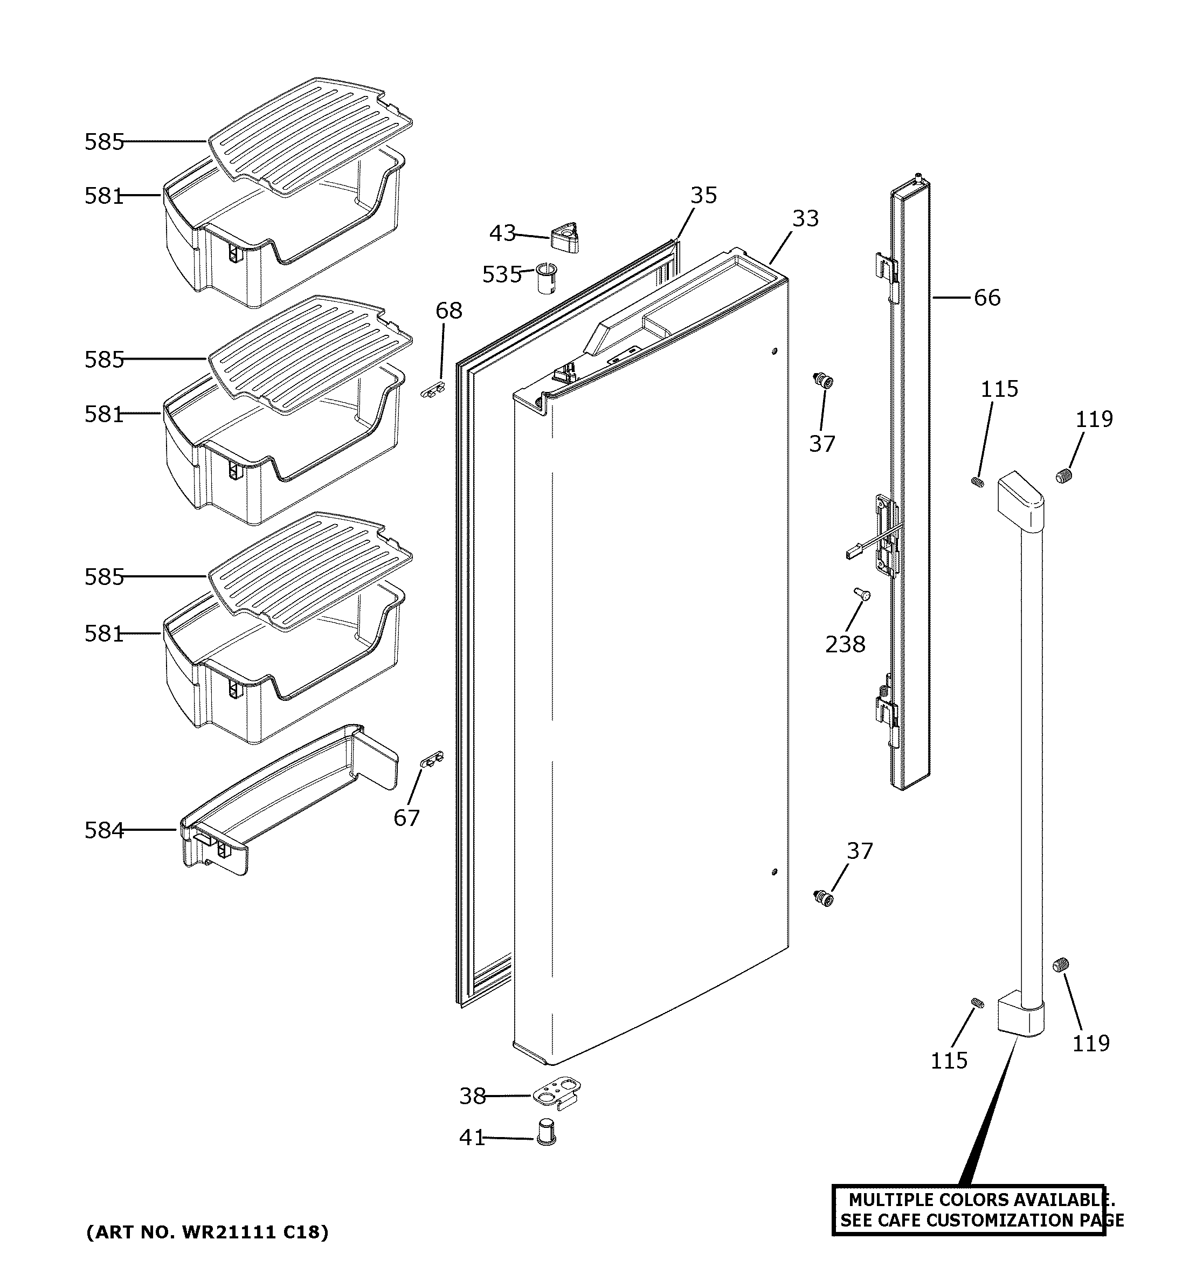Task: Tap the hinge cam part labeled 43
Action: pyautogui.click(x=565, y=237)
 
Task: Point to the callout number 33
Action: pyautogui.click(x=805, y=218)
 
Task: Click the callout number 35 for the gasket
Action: pyautogui.click(x=703, y=195)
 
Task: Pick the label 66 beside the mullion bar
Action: pyautogui.click(x=987, y=298)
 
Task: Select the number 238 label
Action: pyautogui.click(x=845, y=644)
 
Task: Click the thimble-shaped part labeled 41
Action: pyautogui.click(x=546, y=1132)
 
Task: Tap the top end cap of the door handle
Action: pyautogui.click(x=1020, y=500)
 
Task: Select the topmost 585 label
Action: pyautogui.click(x=103, y=142)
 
